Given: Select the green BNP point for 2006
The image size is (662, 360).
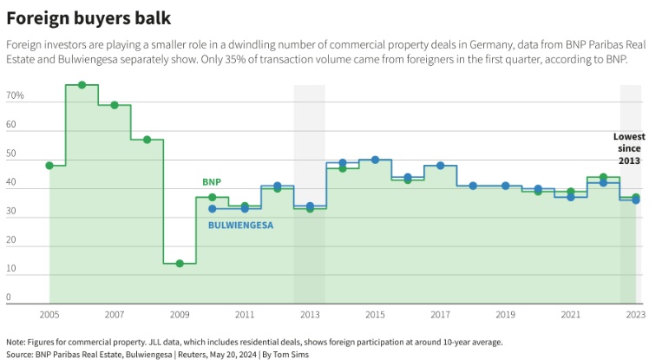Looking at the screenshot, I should tap(82, 85).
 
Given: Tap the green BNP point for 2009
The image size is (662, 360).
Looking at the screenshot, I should tap(180, 263).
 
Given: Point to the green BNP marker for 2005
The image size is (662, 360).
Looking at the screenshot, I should tap(49, 165).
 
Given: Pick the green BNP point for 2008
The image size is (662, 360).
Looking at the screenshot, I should tap(147, 140).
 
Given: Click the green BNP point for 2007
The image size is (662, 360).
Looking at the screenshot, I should tap(115, 105).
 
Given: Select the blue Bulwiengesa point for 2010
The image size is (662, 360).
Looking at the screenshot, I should tap(213, 208).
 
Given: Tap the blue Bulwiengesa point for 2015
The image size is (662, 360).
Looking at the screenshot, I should tap(375, 160).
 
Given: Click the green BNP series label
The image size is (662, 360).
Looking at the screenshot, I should tap(212, 182).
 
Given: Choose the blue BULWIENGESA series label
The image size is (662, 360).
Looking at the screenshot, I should tap(241, 226).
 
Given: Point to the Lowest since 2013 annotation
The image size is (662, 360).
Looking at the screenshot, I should tap(629, 148).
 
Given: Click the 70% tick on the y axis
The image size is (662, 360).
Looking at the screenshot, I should tap(15, 95).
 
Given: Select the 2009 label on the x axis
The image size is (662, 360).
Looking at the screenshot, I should tap(180, 314).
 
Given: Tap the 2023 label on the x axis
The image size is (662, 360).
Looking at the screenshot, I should tap(636, 314).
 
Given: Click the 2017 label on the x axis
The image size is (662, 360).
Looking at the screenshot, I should tap(440, 314).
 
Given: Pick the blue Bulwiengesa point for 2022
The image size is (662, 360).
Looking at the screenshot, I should tap(603, 183).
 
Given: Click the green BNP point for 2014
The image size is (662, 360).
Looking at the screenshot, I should tap(343, 168).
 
